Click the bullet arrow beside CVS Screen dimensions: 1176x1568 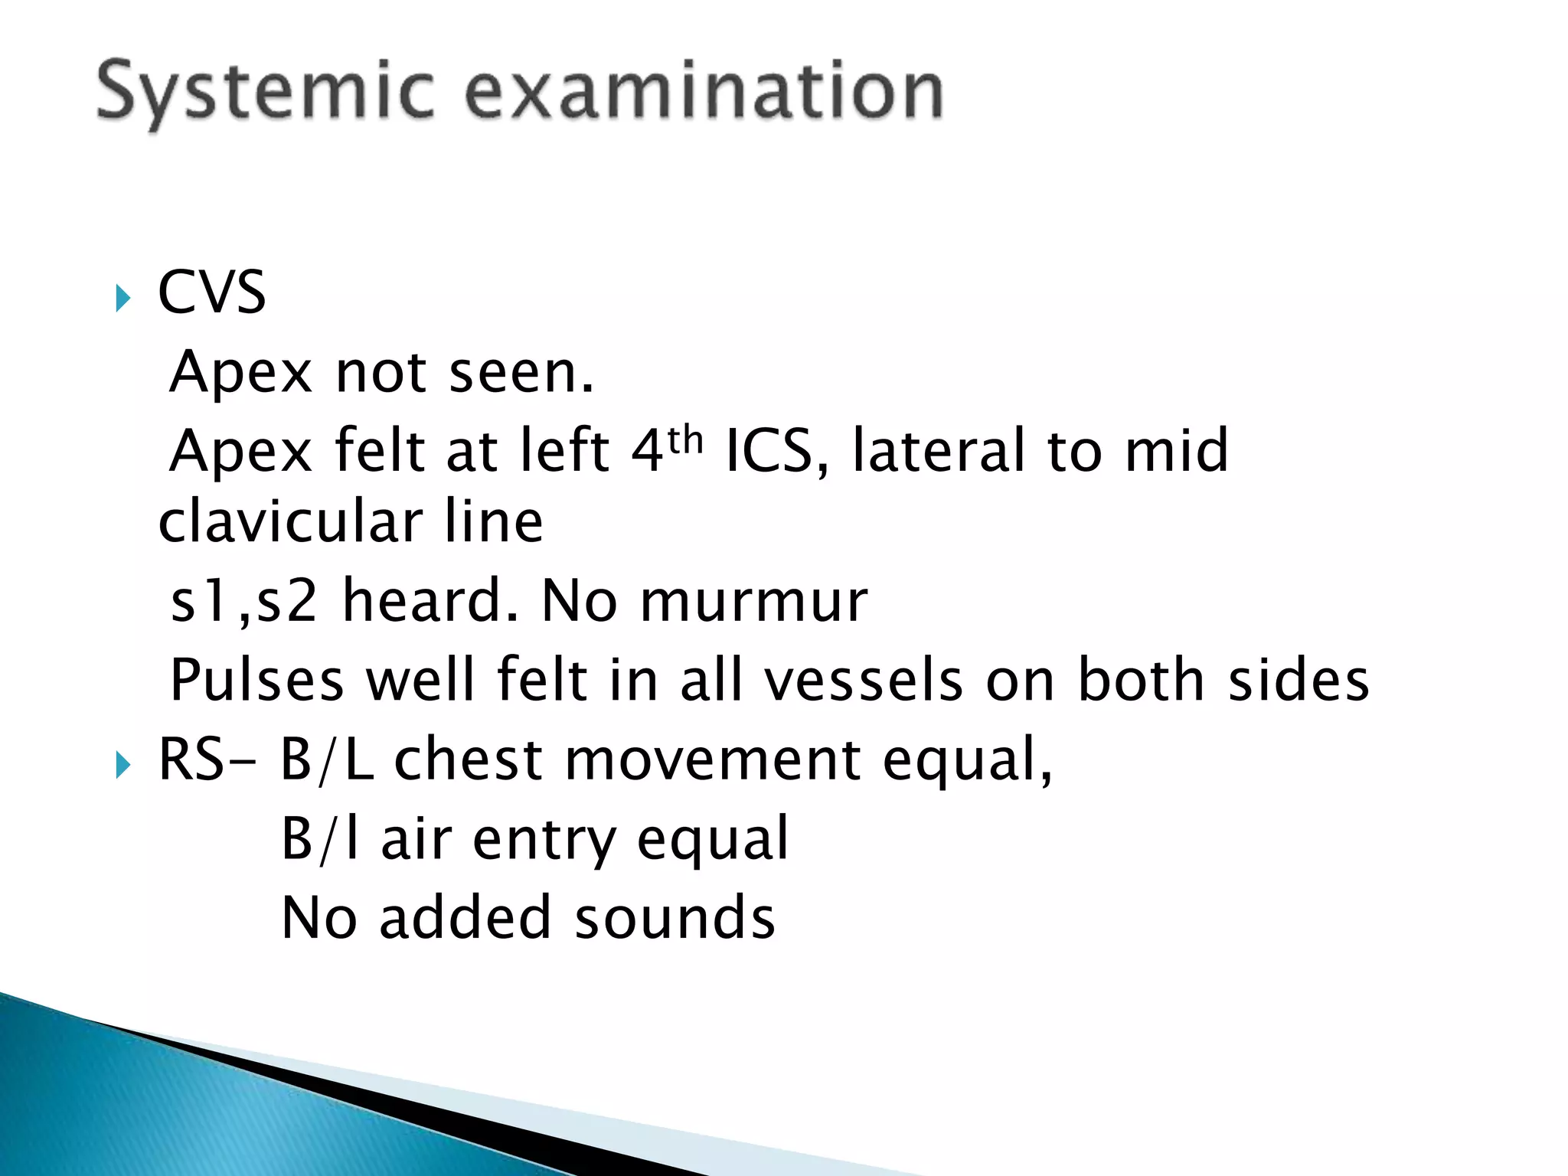coord(122,297)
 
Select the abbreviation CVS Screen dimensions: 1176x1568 coord(212,292)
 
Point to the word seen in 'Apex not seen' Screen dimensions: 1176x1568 coord(521,373)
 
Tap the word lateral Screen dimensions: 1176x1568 coord(939,450)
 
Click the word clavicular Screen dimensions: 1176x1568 coord(290,521)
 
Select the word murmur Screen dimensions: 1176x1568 coord(753,601)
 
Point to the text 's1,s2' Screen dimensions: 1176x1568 coord(243,601)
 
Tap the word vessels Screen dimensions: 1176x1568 coord(864,680)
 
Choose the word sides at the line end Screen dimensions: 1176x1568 coord(1298,680)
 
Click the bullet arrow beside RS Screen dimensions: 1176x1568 coord(122,764)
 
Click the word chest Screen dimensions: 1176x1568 coord(469,759)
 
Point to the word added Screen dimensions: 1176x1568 coord(465,917)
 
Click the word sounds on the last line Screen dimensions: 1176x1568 coord(675,917)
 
